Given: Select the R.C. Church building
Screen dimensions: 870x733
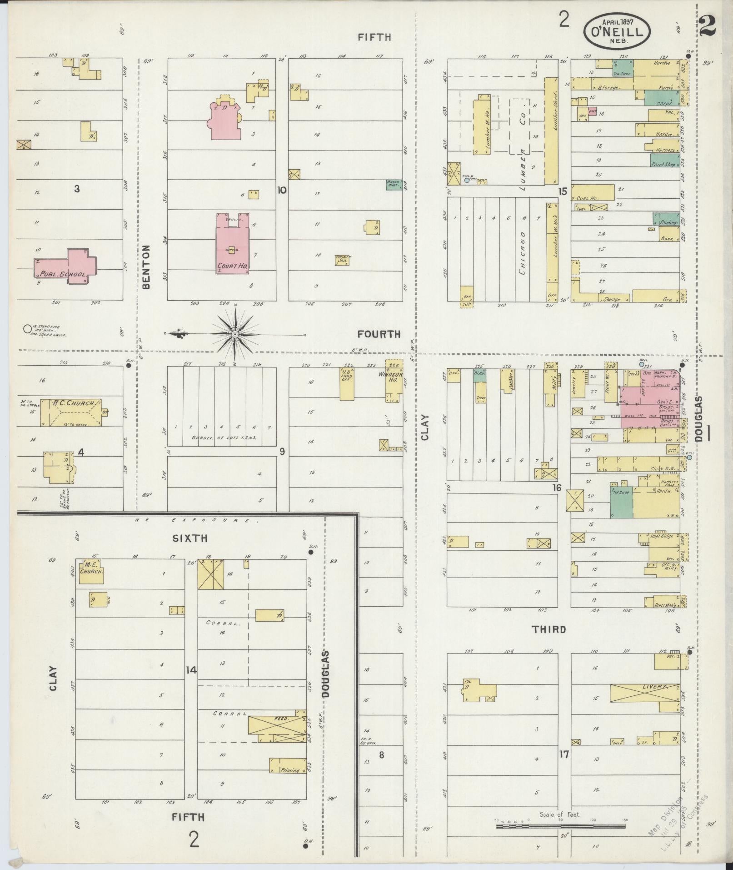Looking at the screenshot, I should [x=71, y=412].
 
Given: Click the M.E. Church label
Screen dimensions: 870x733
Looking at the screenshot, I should [x=92, y=568].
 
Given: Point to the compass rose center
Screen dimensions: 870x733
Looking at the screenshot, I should [x=235, y=335].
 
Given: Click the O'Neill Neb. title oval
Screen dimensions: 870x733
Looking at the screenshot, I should [x=617, y=31].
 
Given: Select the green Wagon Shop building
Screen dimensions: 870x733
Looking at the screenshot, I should [x=394, y=185].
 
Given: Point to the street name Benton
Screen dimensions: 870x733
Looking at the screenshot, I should [x=146, y=267].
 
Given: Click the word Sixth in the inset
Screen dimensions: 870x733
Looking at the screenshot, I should [x=190, y=538].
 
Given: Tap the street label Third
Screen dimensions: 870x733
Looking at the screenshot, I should [x=549, y=629].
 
